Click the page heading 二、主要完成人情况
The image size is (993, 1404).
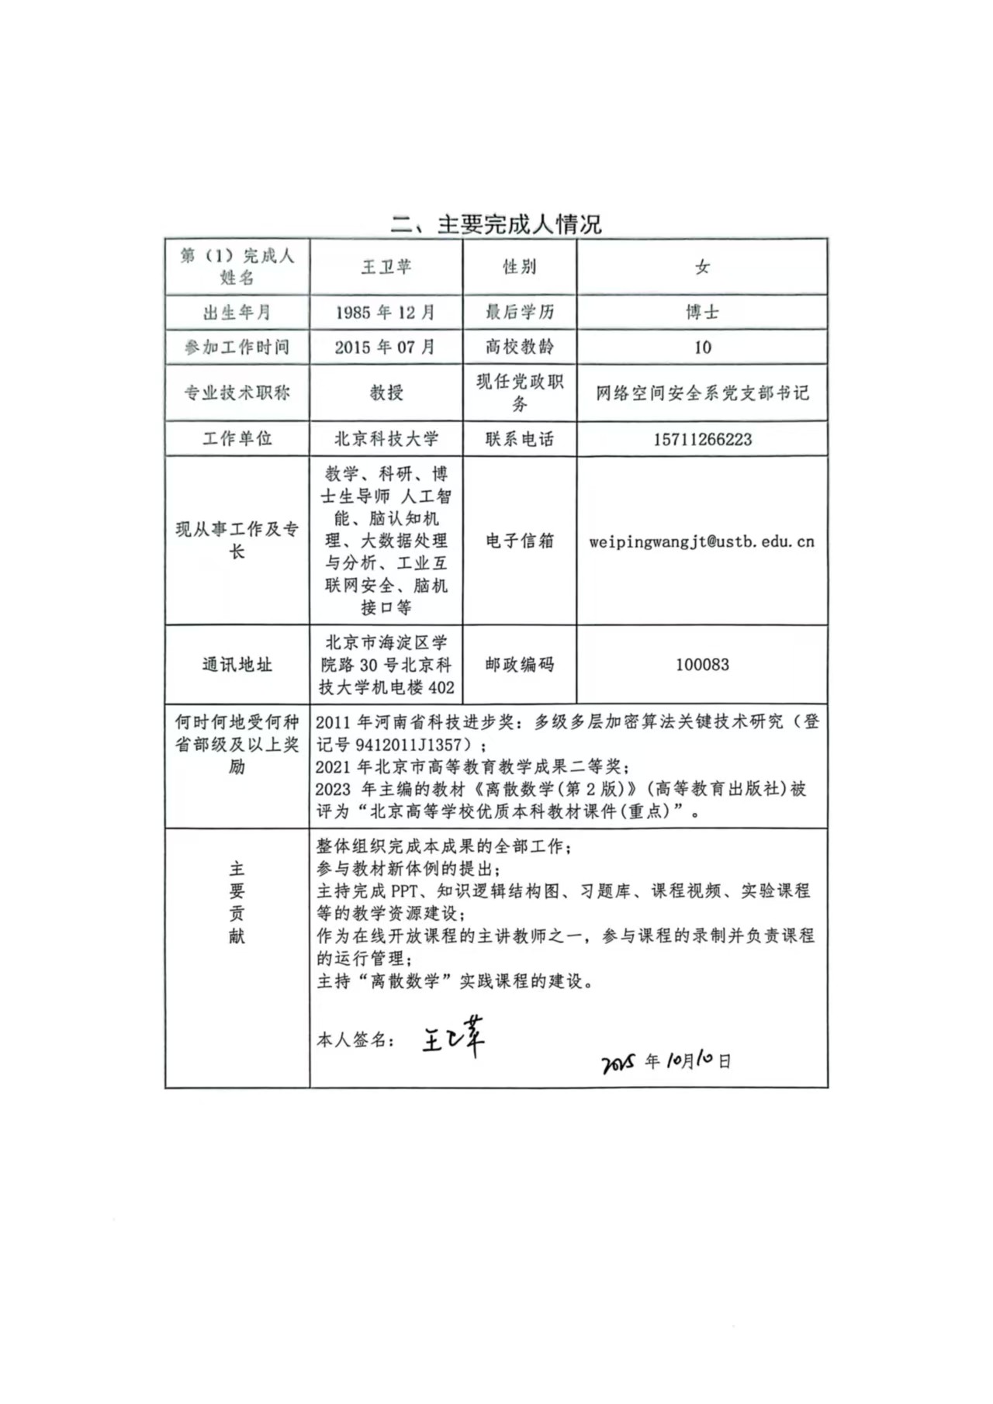(x=496, y=224)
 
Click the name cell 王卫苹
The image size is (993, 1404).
(x=386, y=267)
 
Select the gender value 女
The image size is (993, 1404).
(x=702, y=267)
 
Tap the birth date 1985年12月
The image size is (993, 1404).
(x=386, y=313)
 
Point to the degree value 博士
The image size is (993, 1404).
(x=702, y=312)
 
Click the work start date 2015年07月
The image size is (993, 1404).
(x=386, y=347)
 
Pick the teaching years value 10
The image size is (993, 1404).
(x=702, y=348)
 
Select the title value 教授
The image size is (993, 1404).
(x=386, y=392)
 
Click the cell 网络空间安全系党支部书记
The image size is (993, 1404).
(x=702, y=393)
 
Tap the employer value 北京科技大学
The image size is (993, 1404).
(x=386, y=439)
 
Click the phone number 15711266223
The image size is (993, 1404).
(x=702, y=440)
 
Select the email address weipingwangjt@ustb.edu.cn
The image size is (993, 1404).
(x=702, y=541)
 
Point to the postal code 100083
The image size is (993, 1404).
(x=702, y=665)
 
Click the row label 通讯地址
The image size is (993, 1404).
(x=237, y=665)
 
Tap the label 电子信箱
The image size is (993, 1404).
(x=520, y=541)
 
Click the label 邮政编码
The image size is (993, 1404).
(x=520, y=665)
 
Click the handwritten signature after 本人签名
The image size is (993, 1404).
(x=454, y=1036)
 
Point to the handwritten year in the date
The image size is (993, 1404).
(x=619, y=1063)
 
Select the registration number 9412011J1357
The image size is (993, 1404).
(x=408, y=745)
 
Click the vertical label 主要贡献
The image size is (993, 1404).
(x=237, y=902)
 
